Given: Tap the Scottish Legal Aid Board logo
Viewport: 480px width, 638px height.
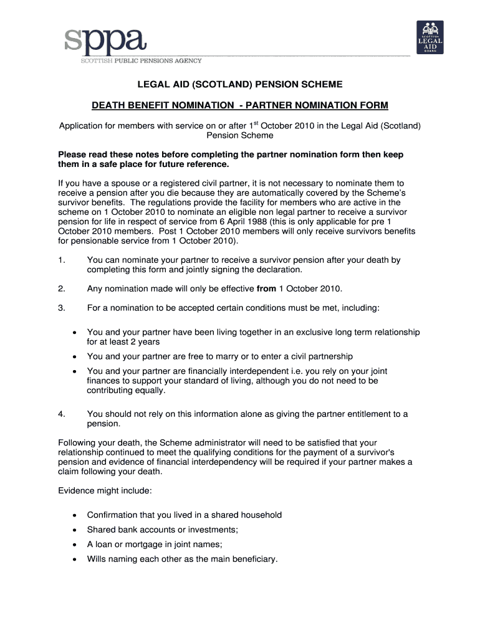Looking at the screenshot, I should [430, 37].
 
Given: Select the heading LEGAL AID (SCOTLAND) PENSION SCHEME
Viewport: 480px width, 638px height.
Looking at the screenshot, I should [240, 84].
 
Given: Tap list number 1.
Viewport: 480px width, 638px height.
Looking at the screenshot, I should [61, 260].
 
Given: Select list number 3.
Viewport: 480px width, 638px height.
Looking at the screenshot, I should [61, 308].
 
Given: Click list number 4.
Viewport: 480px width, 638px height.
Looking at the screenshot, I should [61, 414].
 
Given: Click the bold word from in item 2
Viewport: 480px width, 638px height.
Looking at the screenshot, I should [266, 288].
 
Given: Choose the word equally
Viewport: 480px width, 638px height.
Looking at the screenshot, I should [151, 390].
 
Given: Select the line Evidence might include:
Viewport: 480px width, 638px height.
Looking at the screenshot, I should [105, 491].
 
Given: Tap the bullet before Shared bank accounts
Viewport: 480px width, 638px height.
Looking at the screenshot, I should [74, 530].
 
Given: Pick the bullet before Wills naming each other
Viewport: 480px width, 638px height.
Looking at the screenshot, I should [74, 559].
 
